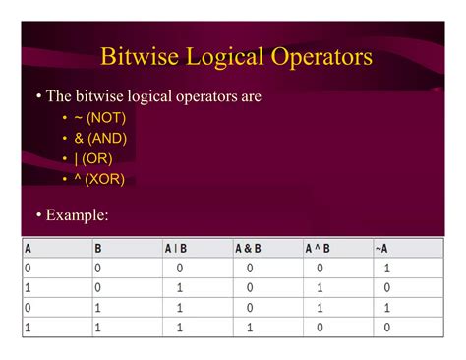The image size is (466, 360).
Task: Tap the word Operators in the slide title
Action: [x=313, y=57]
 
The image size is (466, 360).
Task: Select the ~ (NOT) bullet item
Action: [x=99, y=118]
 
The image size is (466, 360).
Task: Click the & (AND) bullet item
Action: [x=99, y=139]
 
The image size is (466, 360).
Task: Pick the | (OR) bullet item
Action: [x=94, y=159]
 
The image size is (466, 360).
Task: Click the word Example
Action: [x=77, y=215]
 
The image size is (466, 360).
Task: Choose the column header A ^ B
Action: [x=318, y=249]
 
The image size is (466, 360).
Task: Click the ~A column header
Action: [x=381, y=249]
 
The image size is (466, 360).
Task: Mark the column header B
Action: [x=98, y=249]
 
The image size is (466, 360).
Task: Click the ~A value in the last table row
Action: [x=387, y=328]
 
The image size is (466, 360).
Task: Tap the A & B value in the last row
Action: [x=250, y=328]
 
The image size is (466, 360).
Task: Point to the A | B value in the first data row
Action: [x=180, y=268]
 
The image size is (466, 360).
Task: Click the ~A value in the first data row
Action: [x=387, y=268]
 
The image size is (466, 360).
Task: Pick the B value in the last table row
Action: [x=98, y=328]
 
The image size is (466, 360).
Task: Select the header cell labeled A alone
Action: [x=29, y=249]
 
